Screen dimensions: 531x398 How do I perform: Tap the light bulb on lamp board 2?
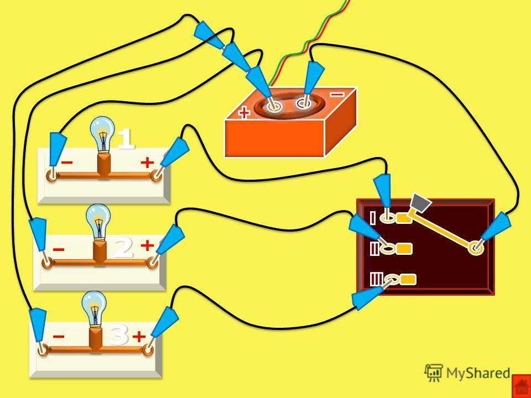point(98,222)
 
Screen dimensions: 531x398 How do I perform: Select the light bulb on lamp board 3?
point(94,309)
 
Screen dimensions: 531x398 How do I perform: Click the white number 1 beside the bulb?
point(126,139)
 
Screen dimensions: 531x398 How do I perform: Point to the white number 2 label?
point(123,248)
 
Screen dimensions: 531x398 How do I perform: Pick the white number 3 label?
point(119,335)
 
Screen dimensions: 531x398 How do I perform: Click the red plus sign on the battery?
point(244,113)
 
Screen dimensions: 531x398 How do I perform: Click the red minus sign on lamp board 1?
point(67,163)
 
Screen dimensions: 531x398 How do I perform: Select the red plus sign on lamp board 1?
point(147,163)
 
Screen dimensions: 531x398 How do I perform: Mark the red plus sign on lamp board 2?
point(147,245)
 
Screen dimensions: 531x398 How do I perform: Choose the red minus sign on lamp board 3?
point(59,337)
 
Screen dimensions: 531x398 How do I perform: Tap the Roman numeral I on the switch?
point(373,218)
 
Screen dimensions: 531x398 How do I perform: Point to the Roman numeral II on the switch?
point(374,249)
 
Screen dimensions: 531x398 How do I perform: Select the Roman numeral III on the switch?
point(376,280)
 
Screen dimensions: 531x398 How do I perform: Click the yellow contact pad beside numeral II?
point(404,249)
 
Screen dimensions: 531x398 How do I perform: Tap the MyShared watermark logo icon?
point(434,373)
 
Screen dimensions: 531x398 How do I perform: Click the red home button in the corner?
point(521,386)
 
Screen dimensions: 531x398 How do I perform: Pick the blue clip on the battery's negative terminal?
point(314,78)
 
